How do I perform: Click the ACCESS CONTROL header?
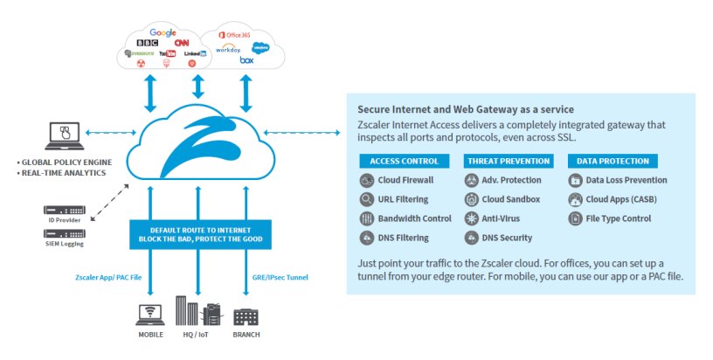pyautogui.click(x=404, y=161)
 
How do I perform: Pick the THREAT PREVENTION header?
pyautogui.click(x=509, y=161)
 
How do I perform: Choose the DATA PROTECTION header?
pyautogui.click(x=613, y=161)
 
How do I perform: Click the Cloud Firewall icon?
pyautogui.click(x=367, y=181)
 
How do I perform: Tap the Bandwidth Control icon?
pyautogui.click(x=367, y=218)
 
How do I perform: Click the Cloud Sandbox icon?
pyautogui.click(x=471, y=199)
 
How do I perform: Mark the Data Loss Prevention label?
pyautogui.click(x=626, y=181)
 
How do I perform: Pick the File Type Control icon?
pyautogui.click(x=575, y=218)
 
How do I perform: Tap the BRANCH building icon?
pyautogui.click(x=246, y=315)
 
